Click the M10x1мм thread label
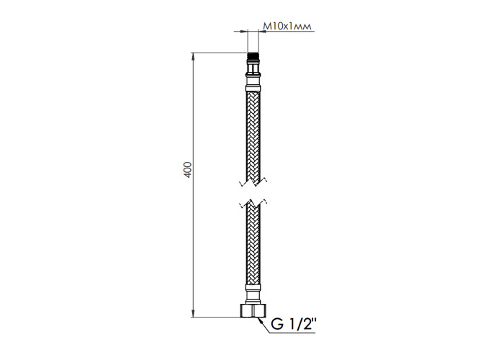[x=288, y=27]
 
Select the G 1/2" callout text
[x=294, y=324]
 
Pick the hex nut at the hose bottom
[x=253, y=310]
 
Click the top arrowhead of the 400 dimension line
[x=193, y=56]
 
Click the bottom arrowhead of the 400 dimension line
[x=193, y=313]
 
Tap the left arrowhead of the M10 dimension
[x=245, y=31]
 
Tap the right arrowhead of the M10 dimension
[x=262, y=31]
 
